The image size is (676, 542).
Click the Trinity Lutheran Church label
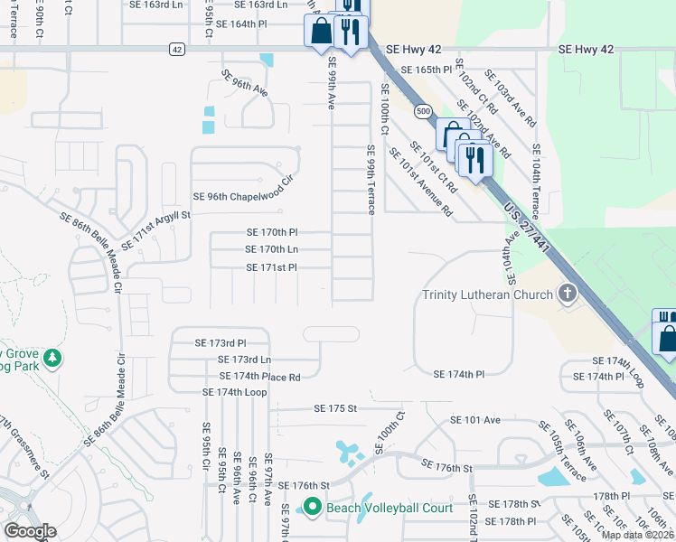pyautogui.click(x=488, y=295)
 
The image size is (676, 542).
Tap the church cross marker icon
pyautogui.click(x=567, y=294)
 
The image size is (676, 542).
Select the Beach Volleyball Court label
pyautogui.click(x=390, y=508)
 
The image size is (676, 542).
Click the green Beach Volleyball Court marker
pyautogui.click(x=313, y=508)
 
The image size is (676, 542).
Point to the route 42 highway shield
pyautogui.click(x=176, y=49)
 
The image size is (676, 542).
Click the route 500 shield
pyautogui.click(x=424, y=110)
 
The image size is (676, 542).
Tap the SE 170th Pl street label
pyautogui.click(x=271, y=232)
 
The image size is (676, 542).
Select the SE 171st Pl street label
pyautogui.click(x=271, y=267)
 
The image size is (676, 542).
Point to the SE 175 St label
pyautogui.click(x=336, y=408)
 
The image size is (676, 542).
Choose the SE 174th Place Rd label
pyautogui.click(x=259, y=376)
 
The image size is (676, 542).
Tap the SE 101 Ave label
pyautogui.click(x=475, y=420)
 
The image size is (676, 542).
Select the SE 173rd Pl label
pyautogui.click(x=220, y=343)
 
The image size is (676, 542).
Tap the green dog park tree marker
pyautogui.click(x=52, y=360)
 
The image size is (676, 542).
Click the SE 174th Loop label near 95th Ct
pyautogui.click(x=235, y=392)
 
